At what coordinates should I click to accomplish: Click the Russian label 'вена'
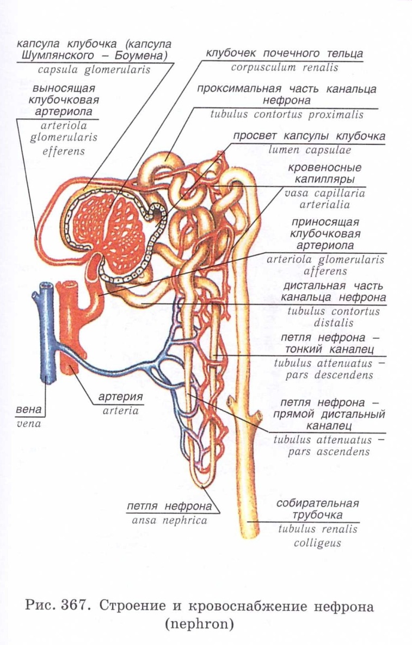(29, 410)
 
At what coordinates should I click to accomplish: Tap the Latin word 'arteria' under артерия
(121, 411)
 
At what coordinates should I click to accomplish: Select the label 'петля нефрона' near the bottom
(169, 506)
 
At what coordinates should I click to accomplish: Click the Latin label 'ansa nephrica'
(169, 520)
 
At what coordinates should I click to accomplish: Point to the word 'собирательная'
(317, 503)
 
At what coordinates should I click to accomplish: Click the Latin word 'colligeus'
(317, 543)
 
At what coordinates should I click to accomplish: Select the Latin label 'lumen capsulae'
(310, 150)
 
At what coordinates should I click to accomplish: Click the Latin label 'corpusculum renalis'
(284, 68)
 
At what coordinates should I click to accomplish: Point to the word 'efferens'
(64, 151)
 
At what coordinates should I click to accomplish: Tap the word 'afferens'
(325, 271)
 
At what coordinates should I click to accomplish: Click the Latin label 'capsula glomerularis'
(94, 70)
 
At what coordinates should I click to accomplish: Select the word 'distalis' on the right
(334, 323)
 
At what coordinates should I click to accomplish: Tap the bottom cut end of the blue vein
(49, 380)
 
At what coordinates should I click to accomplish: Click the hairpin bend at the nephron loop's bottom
(203, 485)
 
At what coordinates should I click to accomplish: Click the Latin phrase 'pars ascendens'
(329, 452)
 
